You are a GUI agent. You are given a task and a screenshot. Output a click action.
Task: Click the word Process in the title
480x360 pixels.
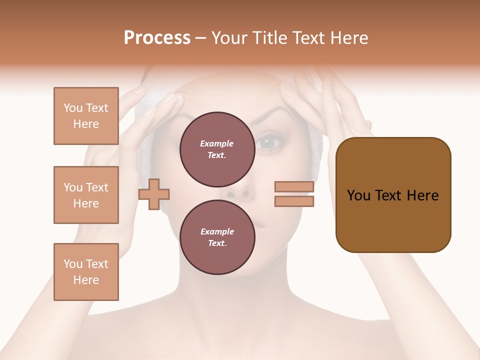click(157, 38)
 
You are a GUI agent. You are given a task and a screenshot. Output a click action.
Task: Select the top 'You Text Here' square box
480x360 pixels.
click(86, 116)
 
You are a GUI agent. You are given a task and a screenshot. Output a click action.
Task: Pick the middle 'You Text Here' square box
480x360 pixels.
click(86, 195)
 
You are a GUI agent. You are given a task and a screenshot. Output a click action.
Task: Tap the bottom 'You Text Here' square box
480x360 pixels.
click(86, 272)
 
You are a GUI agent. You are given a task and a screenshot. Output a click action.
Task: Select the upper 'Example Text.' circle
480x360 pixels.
click(217, 149)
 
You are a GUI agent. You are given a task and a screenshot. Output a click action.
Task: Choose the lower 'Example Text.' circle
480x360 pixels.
click(217, 237)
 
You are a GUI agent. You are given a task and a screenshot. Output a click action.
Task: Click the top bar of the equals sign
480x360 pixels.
click(294, 186)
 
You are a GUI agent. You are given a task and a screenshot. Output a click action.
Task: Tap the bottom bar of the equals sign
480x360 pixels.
click(294, 201)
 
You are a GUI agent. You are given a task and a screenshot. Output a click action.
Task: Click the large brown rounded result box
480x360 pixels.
click(393, 195)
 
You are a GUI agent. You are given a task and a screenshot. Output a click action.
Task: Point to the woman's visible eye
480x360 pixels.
click(265, 142)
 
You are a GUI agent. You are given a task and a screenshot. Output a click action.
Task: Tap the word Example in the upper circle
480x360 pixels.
click(217, 143)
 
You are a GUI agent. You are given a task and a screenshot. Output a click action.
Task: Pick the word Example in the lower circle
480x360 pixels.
click(217, 231)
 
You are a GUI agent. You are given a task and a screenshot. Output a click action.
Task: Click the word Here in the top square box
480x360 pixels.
click(86, 124)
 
